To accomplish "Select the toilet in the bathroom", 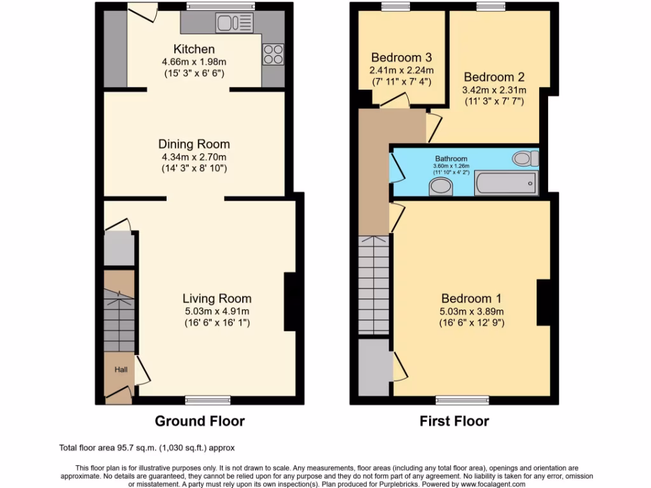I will pos(526,158).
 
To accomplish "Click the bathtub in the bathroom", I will pos(506,184).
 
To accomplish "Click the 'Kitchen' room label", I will pos(194,49).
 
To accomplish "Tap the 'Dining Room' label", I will pos(194,144).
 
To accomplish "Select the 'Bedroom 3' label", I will pos(402,57).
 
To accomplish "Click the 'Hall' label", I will pos(121,369).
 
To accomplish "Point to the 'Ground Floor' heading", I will pos(200,421).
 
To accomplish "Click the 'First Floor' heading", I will pos(454,421).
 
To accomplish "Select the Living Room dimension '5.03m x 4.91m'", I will pos(216,311).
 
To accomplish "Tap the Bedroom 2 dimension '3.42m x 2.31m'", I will pos(493,90).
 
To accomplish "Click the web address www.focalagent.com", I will pos(490,484).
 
